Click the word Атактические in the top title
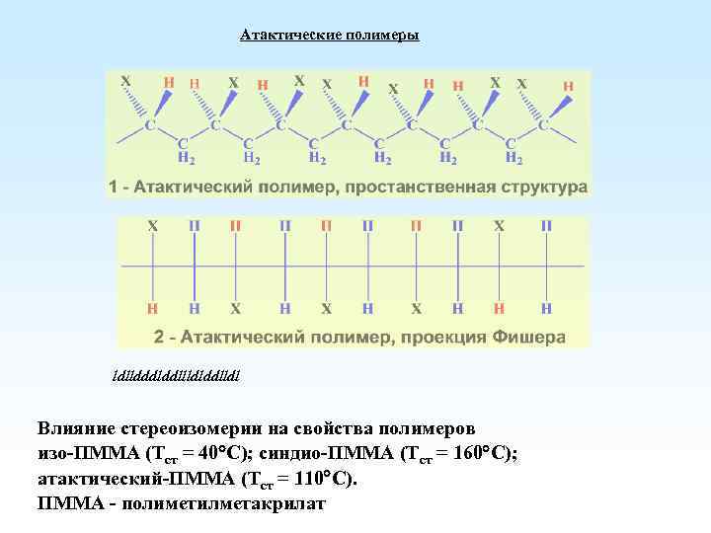290,36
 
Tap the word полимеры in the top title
382,36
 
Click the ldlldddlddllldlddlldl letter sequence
177,376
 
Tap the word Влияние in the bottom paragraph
76,430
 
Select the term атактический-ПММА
122,480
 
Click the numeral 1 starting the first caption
114,187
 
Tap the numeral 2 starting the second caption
159,337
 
